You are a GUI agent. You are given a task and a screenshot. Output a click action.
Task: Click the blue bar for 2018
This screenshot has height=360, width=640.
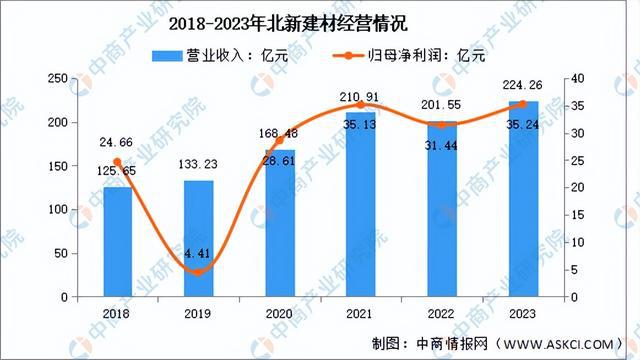pos(117,242)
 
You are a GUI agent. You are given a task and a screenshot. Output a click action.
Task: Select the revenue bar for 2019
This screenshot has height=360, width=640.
pos(199,238)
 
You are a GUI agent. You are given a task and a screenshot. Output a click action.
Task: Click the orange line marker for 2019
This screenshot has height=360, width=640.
pos(199,272)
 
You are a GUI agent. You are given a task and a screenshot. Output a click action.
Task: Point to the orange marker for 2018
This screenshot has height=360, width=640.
pos(117,162)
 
